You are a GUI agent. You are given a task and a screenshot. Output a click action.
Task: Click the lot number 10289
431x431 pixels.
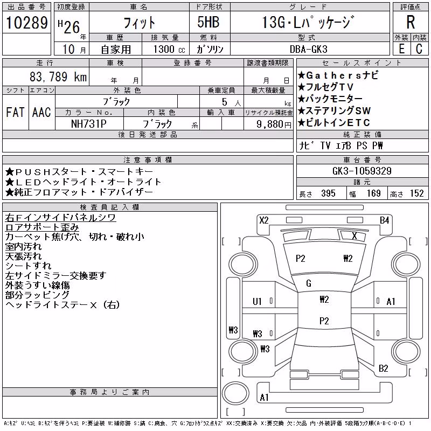point(27,23)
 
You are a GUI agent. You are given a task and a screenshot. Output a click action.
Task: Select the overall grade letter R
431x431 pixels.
point(411,22)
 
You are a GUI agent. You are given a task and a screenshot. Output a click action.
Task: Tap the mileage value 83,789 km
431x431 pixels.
point(58,77)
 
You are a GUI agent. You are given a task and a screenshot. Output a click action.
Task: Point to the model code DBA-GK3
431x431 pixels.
point(309,49)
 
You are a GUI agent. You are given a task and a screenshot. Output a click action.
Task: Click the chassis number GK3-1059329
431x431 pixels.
point(362,171)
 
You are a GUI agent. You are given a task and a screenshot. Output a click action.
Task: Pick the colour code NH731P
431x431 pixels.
point(88,124)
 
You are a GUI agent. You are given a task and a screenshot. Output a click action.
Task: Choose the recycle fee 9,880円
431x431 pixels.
point(274,124)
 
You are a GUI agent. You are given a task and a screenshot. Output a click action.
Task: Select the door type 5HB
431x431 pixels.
point(208,22)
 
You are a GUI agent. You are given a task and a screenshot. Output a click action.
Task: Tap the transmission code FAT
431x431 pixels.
point(15,112)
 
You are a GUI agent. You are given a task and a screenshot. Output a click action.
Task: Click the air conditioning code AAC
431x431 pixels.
point(41,112)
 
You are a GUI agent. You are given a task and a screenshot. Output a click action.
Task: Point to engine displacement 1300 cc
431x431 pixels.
point(169,49)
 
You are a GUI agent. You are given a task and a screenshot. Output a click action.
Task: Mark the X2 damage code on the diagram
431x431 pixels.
point(264,220)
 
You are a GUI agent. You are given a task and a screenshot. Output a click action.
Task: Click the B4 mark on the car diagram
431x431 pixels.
point(385,220)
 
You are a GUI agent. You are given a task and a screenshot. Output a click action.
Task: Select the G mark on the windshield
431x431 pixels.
point(309,283)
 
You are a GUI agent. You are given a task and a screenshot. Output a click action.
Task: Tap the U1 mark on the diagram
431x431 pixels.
point(258,302)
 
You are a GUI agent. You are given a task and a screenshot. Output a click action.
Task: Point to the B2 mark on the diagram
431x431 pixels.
point(384,369)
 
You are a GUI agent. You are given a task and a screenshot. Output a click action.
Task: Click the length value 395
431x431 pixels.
point(328,193)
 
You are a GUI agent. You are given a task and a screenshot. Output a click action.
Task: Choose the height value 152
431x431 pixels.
point(417,193)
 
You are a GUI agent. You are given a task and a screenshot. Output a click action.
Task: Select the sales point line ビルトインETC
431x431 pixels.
point(334,123)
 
